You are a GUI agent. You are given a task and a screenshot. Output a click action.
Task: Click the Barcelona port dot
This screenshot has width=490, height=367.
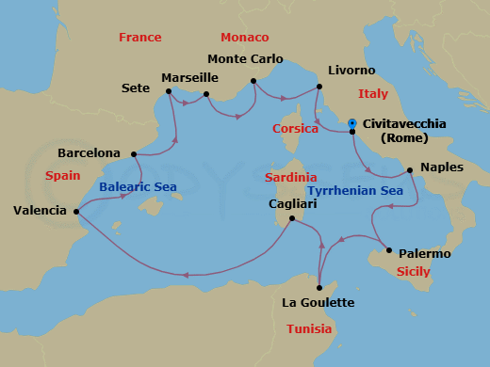click(x=134, y=153)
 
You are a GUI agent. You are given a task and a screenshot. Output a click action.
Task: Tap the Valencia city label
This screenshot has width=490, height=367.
click(x=40, y=211)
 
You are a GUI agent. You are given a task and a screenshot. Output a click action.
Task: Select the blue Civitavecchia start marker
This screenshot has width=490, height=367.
click(x=351, y=123)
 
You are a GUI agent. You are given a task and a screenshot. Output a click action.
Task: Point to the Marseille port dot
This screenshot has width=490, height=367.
click(x=206, y=93)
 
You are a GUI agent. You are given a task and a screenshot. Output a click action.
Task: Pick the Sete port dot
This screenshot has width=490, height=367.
click(x=169, y=91)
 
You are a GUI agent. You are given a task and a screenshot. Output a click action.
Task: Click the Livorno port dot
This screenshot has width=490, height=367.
click(x=318, y=88)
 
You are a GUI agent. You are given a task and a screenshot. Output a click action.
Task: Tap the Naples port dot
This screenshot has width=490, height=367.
click(x=409, y=170)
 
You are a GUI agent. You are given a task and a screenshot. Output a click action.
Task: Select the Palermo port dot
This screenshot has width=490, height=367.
click(x=388, y=250)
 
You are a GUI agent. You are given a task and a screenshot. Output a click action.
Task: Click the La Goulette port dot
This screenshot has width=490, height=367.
click(x=319, y=287)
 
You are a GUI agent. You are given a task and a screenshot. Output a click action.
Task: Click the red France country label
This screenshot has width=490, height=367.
click(x=139, y=38)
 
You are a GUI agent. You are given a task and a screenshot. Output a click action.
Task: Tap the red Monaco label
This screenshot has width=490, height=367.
click(x=244, y=38)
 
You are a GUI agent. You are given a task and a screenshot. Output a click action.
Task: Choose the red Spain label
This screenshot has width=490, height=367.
click(x=63, y=176)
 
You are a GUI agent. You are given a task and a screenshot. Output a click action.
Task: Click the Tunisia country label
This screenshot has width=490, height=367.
click(x=309, y=329)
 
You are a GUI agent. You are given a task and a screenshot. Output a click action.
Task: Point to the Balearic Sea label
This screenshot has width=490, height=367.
click(x=138, y=187)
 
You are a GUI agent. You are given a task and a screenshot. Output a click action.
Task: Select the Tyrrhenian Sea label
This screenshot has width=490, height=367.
click(x=354, y=191)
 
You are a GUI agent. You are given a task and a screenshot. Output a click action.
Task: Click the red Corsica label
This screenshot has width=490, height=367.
click(x=295, y=129)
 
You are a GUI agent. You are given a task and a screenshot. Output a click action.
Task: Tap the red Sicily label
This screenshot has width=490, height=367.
click(x=412, y=272)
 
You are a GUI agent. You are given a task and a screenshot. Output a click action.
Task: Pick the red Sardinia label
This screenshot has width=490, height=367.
click(x=290, y=178)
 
